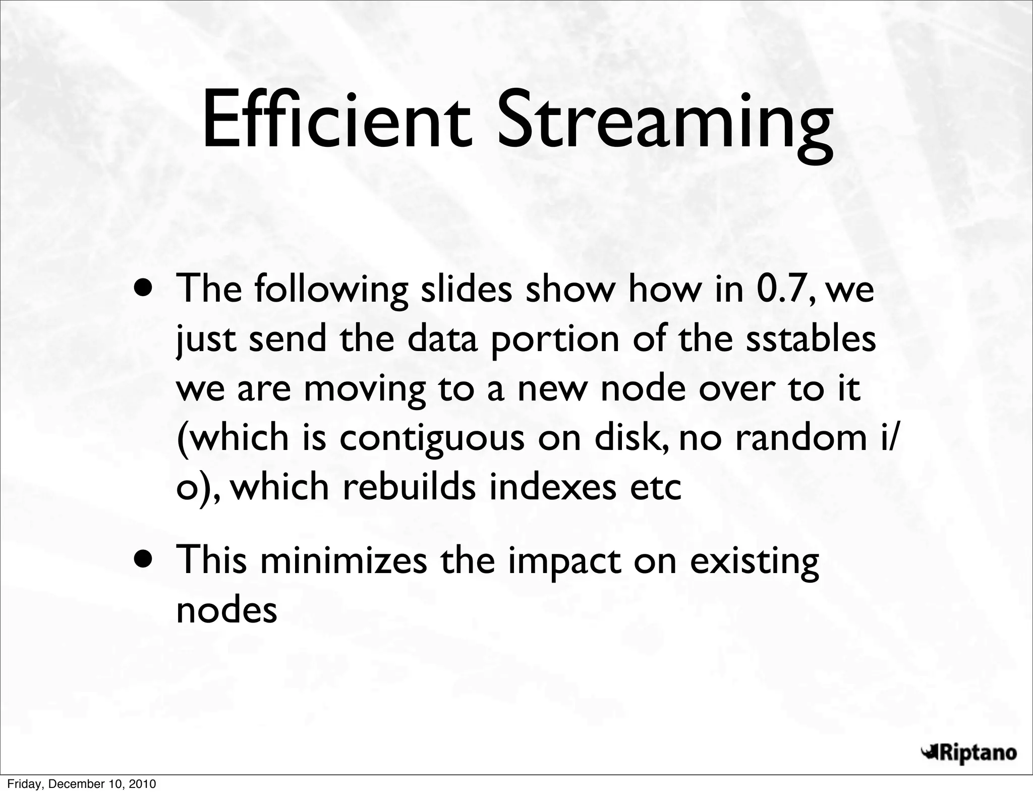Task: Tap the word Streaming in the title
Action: click(x=664, y=124)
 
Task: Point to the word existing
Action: click(x=754, y=562)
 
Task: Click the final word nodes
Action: click(x=226, y=610)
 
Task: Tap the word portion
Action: click(x=555, y=339)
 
